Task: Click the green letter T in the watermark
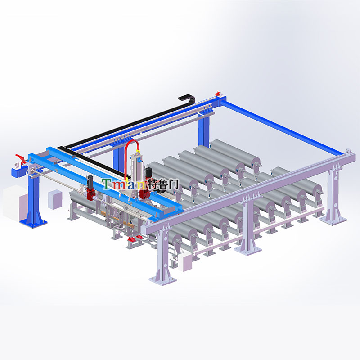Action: [x=107, y=184]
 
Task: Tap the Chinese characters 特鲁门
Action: [x=162, y=184]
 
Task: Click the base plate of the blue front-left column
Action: [x=33, y=223]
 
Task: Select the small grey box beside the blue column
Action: [x=55, y=199]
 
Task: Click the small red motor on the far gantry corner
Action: [x=217, y=94]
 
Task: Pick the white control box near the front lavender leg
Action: [x=185, y=261]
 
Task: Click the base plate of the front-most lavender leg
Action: [x=162, y=280]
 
